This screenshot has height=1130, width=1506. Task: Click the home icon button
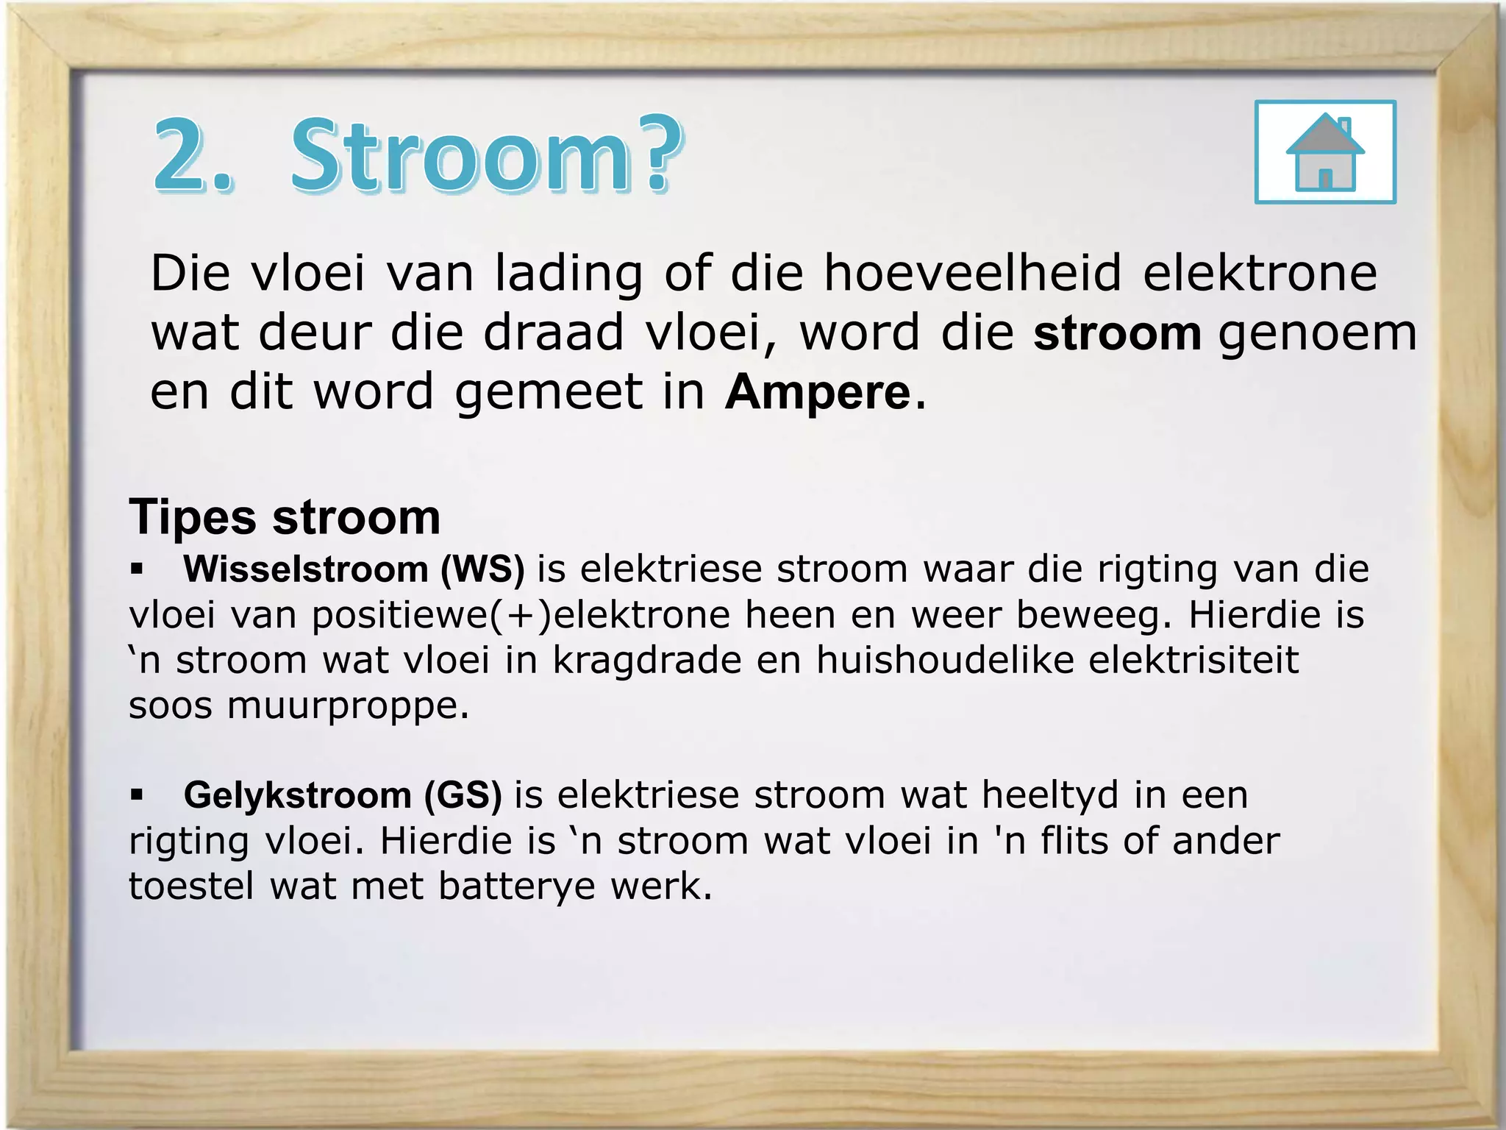[1325, 152]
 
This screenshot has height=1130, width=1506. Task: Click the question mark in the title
[657, 154]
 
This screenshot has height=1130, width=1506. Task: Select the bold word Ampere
[818, 392]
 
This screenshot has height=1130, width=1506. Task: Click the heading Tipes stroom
[285, 517]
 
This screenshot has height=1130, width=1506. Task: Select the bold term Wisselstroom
[306, 569]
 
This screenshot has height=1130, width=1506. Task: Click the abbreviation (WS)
[482, 569]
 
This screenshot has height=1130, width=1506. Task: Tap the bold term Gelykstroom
[297, 795]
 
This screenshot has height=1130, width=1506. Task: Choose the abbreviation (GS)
[463, 795]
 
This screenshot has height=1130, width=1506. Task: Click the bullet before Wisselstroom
[137, 569]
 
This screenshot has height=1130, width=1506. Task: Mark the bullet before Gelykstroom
[137, 795]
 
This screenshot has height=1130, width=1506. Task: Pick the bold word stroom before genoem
[1117, 333]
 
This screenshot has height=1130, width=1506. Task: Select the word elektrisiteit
[1193, 660]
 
